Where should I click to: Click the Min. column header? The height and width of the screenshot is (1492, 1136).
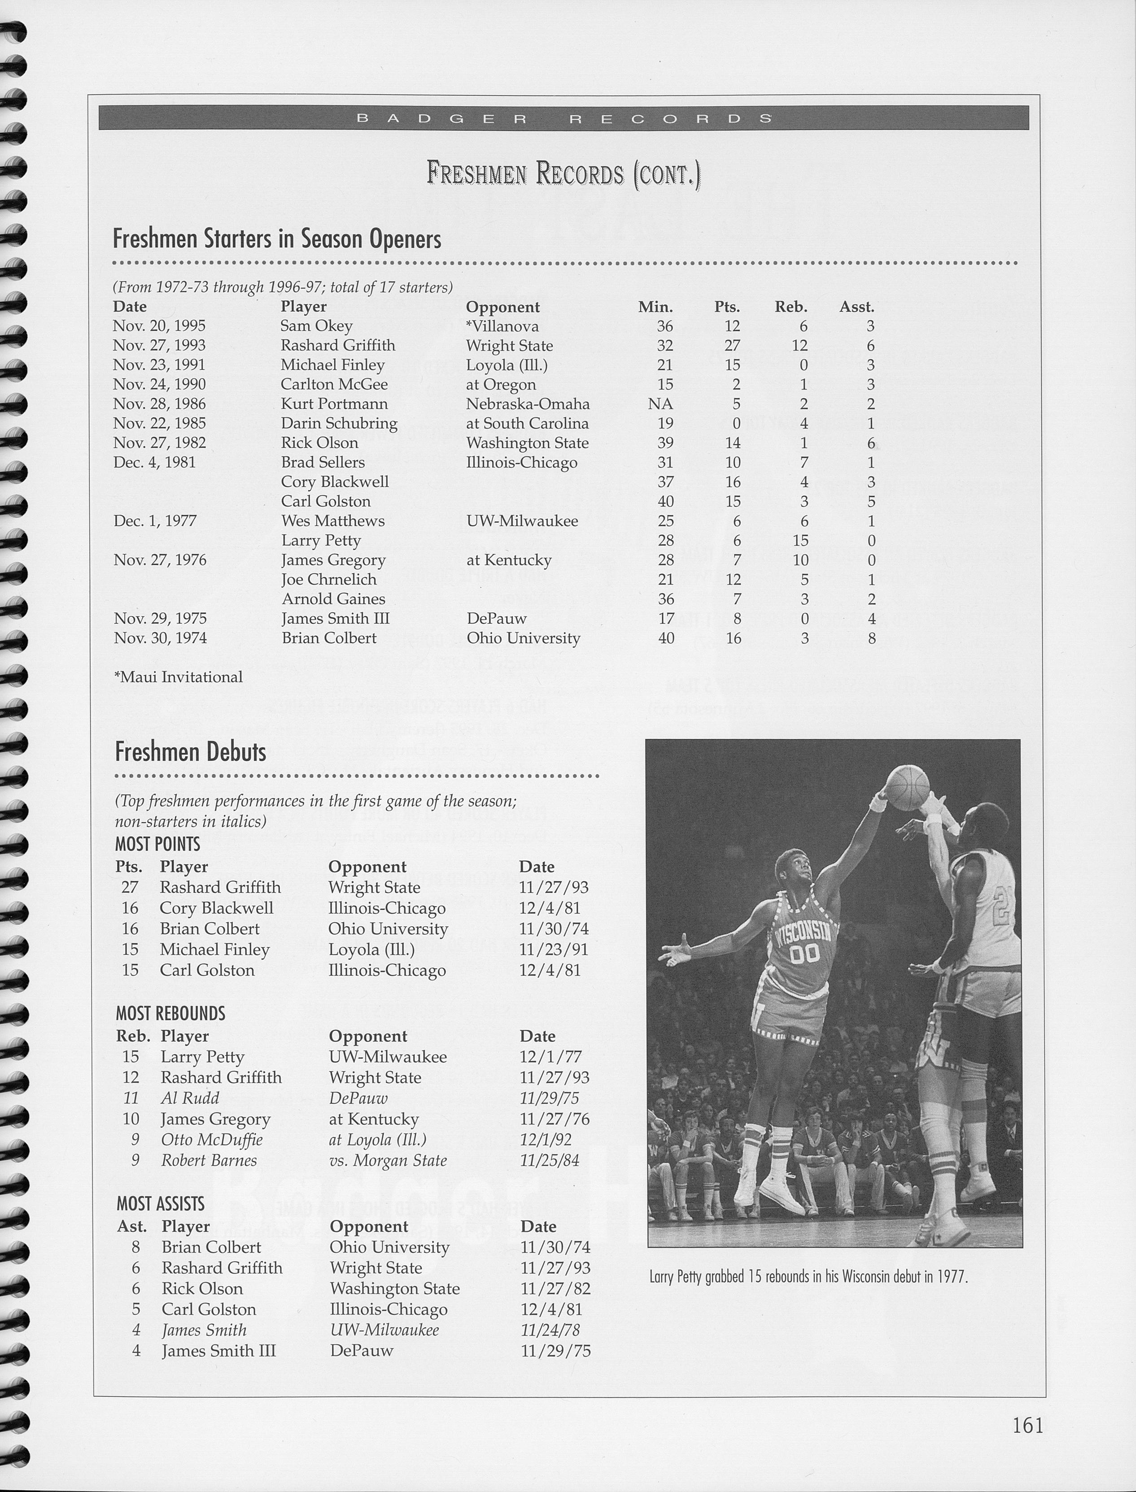[x=655, y=307]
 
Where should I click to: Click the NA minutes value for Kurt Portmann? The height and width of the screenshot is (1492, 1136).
[x=660, y=404]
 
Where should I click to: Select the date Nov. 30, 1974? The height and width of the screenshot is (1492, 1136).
[x=160, y=638]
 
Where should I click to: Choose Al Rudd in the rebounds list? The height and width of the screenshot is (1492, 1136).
[x=189, y=1098]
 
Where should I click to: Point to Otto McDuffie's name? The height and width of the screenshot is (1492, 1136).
[x=211, y=1140]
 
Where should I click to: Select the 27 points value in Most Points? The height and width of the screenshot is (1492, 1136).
[x=129, y=887]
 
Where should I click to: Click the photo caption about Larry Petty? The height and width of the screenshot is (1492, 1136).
[x=808, y=1277]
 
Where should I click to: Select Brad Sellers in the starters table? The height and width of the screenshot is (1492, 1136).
[x=323, y=463]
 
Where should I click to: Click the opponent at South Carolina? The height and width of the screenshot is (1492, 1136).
[x=527, y=424]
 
